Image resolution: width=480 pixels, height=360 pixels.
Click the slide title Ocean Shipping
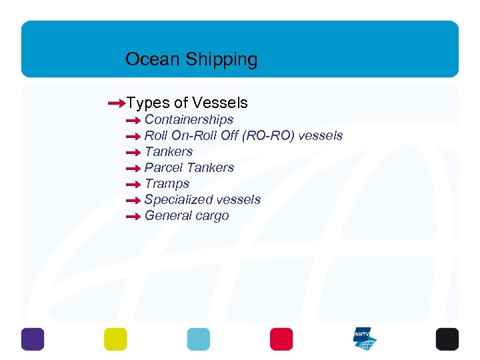pos(191,59)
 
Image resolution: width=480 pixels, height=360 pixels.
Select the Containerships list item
pos(189,120)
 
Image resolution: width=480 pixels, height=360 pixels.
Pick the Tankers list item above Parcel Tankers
pos(168,152)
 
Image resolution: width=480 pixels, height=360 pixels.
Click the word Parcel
pos(162,168)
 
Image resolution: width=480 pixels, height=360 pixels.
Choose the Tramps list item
pos(167,184)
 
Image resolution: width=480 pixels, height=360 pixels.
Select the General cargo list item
pos(186,216)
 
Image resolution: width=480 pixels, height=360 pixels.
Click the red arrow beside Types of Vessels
pos(116,103)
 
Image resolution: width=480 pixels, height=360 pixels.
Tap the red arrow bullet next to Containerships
pos(133,121)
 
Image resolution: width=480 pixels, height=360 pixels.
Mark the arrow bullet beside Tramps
pos(133,185)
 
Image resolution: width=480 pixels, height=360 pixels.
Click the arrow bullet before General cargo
pos(133,217)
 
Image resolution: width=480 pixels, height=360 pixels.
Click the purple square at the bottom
pos(33,339)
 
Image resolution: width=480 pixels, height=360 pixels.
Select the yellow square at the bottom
pos(115,339)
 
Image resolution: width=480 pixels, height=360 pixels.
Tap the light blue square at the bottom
pos(198,339)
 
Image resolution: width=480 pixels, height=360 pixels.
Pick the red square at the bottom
pos(281,339)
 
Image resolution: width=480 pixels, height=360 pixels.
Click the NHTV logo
pos(365,339)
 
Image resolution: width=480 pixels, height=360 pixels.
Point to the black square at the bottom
pos(447,339)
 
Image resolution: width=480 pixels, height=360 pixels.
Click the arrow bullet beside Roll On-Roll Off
pos(133,137)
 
